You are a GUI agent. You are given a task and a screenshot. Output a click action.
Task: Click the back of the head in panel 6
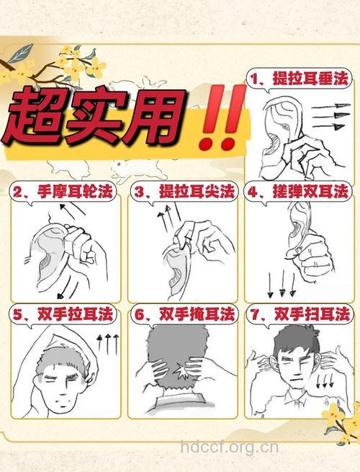click(x=177, y=357)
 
